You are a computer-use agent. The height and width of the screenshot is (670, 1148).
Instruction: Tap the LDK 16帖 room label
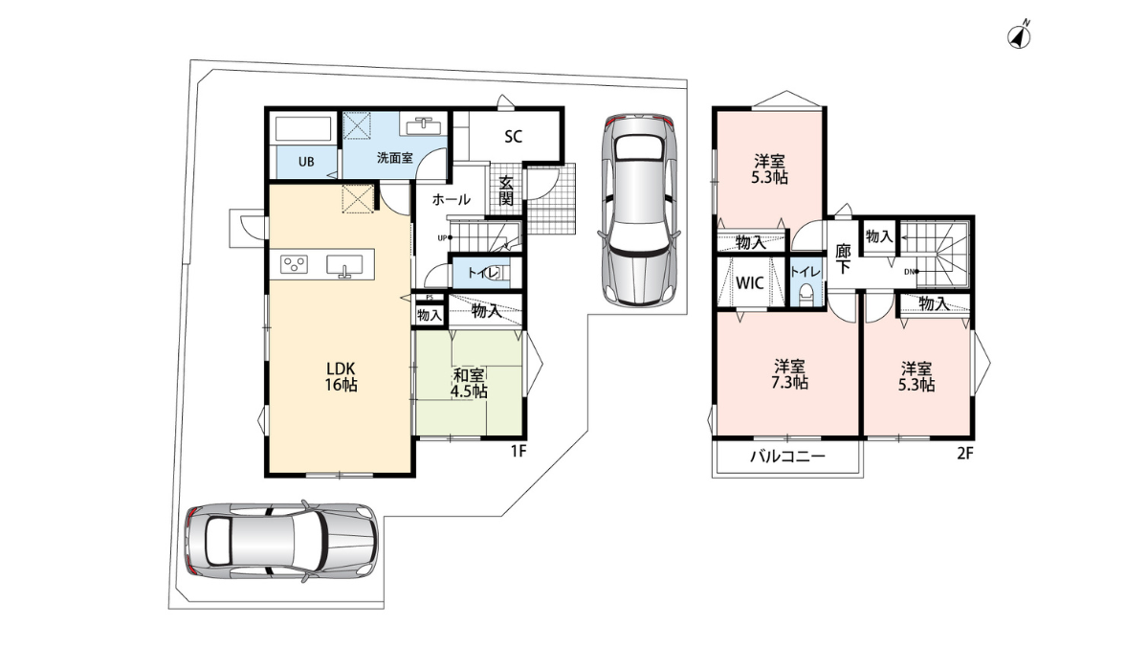pyautogui.click(x=342, y=376)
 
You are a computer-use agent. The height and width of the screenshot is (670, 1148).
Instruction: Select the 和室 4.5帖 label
pyautogui.click(x=470, y=383)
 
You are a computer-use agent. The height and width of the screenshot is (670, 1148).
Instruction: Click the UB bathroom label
pyautogui.click(x=305, y=161)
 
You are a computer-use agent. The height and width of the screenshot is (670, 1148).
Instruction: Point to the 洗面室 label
pyautogui.click(x=394, y=158)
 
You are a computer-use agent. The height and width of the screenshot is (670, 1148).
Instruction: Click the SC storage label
pyautogui.click(x=513, y=136)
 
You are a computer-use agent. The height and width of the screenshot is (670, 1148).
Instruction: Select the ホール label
pyautogui.click(x=451, y=200)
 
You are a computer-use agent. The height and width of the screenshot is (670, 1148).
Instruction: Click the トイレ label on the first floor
pyautogui.click(x=483, y=274)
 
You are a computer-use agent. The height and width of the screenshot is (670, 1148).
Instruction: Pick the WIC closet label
pyautogui.click(x=751, y=282)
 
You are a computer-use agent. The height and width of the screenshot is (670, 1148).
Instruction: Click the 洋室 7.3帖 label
pyautogui.click(x=790, y=374)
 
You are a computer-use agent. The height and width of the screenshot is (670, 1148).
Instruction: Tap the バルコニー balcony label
pyautogui.click(x=786, y=457)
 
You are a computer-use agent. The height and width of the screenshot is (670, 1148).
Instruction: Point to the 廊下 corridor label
pyautogui.click(x=843, y=259)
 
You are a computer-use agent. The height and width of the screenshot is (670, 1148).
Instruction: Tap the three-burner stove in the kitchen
pyautogui.click(x=295, y=265)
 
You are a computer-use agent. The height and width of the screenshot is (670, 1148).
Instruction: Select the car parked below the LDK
pyautogui.click(x=279, y=541)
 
